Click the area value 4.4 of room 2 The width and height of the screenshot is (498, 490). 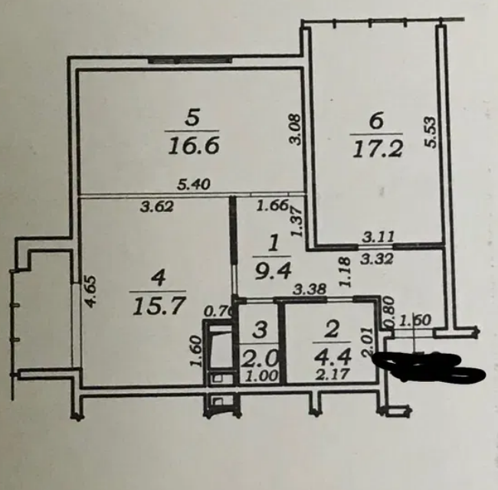(x=332, y=358)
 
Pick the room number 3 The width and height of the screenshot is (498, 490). (x=260, y=331)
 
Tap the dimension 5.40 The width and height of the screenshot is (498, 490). (x=195, y=184)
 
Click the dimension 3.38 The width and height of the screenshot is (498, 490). (x=310, y=289)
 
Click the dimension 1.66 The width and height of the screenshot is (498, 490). (x=271, y=205)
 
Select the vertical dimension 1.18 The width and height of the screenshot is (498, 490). (x=344, y=271)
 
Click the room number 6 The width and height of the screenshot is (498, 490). (x=375, y=120)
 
